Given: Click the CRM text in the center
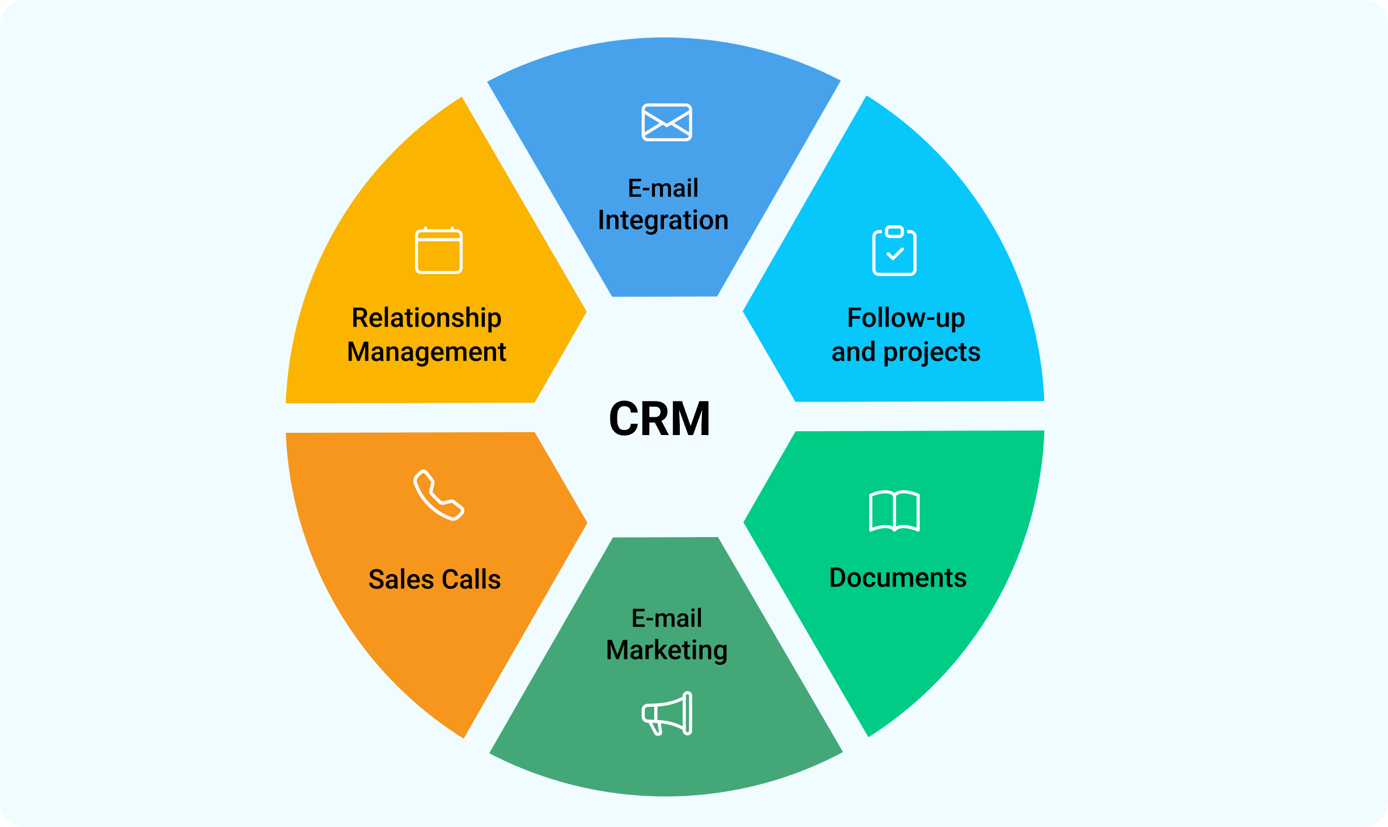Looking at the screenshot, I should pyautogui.click(x=659, y=419).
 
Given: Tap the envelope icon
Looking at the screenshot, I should pyautogui.click(x=666, y=122).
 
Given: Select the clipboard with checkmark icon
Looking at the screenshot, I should pyautogui.click(x=894, y=251).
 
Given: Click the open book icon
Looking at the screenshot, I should pyautogui.click(x=894, y=511).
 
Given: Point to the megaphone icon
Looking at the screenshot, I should pyautogui.click(x=667, y=714).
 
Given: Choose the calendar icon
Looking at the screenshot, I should pyautogui.click(x=439, y=251).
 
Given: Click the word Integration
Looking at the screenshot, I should pyautogui.click(x=663, y=220).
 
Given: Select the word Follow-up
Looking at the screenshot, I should pyautogui.click(x=905, y=318).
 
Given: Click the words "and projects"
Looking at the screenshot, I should pyautogui.click(x=905, y=352).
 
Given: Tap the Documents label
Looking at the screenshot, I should pyautogui.click(x=898, y=577).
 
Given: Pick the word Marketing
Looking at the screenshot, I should pyautogui.click(x=667, y=650).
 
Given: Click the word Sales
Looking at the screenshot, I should pyautogui.click(x=400, y=579).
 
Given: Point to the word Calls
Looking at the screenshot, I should pyautogui.click(x=471, y=579).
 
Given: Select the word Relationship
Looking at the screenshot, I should pyautogui.click(x=426, y=318).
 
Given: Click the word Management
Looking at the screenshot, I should pyautogui.click(x=426, y=352).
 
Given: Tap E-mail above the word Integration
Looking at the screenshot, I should pyautogui.click(x=663, y=188).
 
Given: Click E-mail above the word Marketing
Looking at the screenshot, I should pyautogui.click(x=667, y=618).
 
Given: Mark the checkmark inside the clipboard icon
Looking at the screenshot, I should pyautogui.click(x=895, y=254).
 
